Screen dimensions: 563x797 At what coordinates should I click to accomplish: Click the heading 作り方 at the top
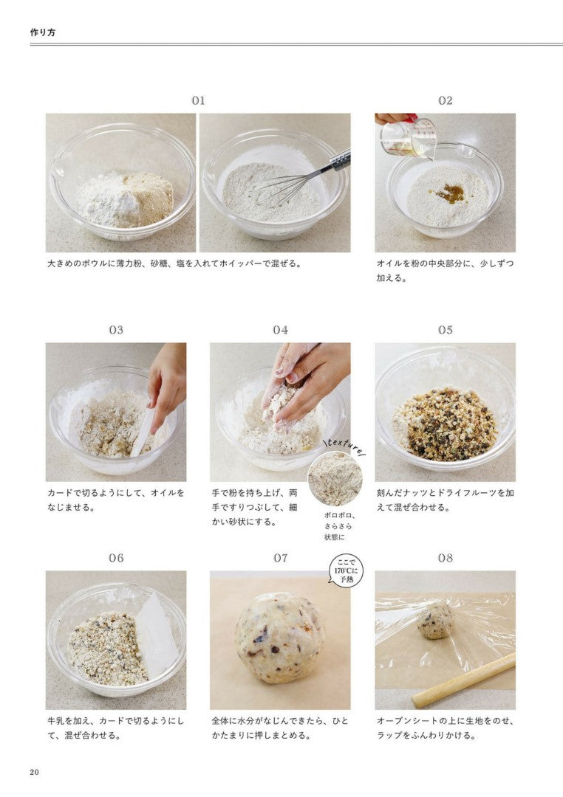coord(43,32)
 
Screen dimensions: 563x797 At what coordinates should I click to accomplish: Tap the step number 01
coord(198,100)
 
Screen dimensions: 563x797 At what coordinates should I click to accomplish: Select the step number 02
coord(446,100)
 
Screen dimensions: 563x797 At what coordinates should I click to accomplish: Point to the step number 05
coord(446,330)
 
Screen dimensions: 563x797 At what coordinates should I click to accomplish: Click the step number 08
coord(446,558)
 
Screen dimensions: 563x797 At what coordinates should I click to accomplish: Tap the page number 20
coord(34,772)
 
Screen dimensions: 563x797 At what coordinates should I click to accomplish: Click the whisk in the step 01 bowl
coord(300,178)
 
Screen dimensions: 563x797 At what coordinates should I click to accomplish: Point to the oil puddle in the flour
coord(449,193)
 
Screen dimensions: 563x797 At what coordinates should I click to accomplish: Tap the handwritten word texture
coord(344,446)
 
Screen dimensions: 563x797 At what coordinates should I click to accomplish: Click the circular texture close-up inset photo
coord(335,479)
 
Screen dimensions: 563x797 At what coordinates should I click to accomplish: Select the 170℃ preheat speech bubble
coord(346,570)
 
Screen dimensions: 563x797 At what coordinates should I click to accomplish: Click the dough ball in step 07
coord(280,638)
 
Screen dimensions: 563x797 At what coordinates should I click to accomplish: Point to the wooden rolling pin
coord(463,680)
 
